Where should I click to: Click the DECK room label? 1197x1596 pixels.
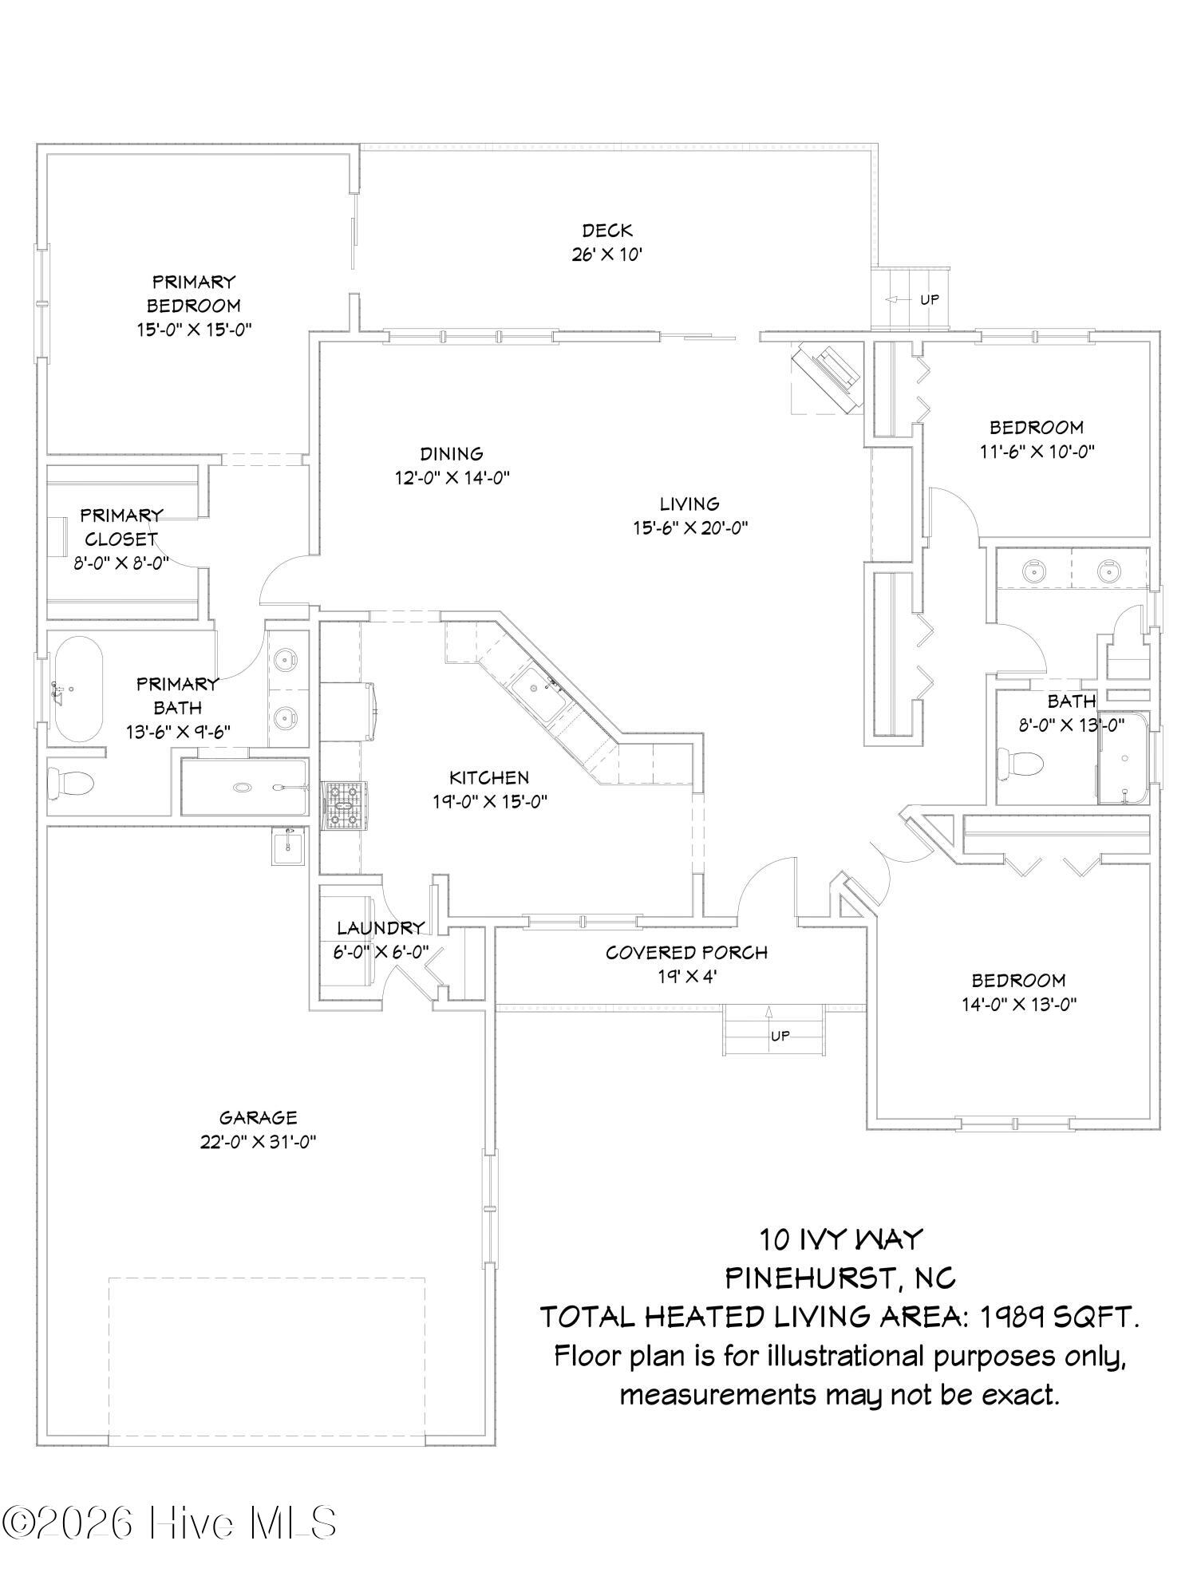tap(607, 231)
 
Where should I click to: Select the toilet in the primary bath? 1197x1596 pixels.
tap(71, 781)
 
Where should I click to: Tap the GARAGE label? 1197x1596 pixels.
tap(258, 1118)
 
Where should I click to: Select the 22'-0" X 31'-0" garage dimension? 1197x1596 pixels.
tap(258, 1142)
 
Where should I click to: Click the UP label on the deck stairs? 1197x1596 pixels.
tap(930, 300)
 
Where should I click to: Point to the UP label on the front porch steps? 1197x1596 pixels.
tap(780, 1036)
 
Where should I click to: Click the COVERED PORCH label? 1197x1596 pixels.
tap(686, 952)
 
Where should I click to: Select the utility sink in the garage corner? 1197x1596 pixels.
tap(287, 846)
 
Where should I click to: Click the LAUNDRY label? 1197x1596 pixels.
tap(380, 928)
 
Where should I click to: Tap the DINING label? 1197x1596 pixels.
tap(452, 453)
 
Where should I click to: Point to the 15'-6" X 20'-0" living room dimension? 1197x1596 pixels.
tap(689, 527)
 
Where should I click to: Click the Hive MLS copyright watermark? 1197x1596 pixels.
tap(168, 1523)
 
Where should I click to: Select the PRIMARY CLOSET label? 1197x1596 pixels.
tap(121, 527)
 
